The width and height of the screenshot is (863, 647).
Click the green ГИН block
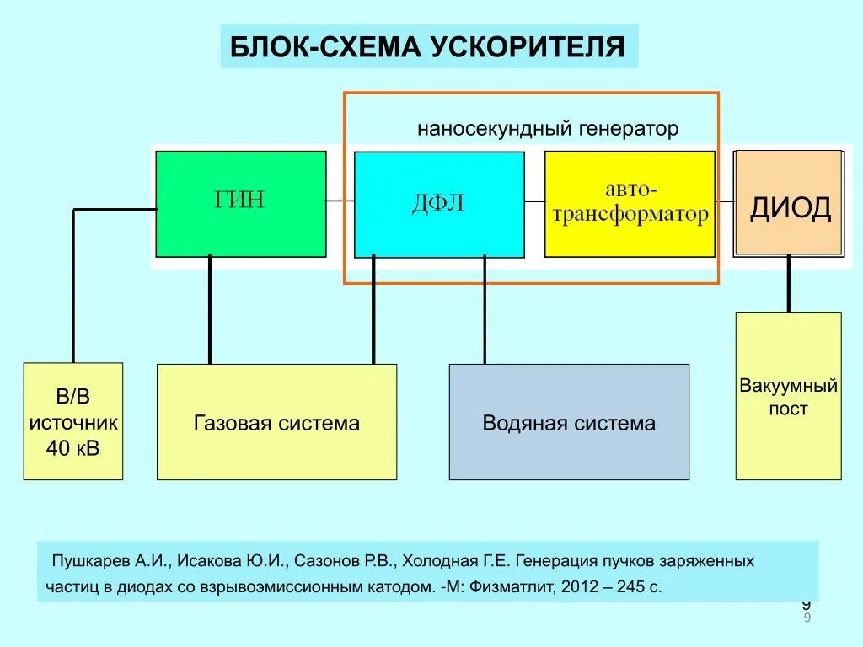(x=241, y=204)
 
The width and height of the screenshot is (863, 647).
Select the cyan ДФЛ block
(x=439, y=204)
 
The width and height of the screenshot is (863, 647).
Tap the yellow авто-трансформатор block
(x=630, y=204)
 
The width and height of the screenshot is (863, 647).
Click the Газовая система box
(x=276, y=422)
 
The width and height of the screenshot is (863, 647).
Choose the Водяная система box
(x=569, y=422)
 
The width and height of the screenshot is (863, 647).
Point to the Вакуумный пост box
(x=788, y=396)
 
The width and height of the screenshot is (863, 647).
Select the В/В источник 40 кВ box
(x=73, y=421)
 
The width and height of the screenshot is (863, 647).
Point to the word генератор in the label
(x=628, y=129)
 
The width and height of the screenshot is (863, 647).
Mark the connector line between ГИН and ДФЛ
(x=340, y=201)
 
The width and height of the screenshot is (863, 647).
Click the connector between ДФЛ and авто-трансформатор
(x=534, y=201)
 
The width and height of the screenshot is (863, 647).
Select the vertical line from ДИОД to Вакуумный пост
(x=789, y=284)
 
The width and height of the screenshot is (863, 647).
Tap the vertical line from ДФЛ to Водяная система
(x=484, y=310)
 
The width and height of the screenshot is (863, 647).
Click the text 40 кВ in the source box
(x=73, y=447)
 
